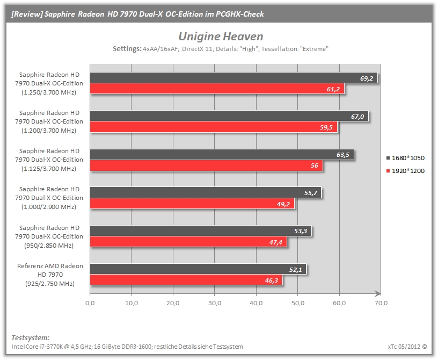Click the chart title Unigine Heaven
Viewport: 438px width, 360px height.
pyautogui.click(x=221, y=37)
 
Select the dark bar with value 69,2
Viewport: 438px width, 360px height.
pyautogui.click(x=233, y=78)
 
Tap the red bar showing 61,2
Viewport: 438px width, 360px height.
pyautogui.click(x=217, y=89)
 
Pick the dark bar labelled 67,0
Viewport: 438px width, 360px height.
pyautogui.click(x=229, y=116)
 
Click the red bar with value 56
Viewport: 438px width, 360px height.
pyautogui.click(x=206, y=165)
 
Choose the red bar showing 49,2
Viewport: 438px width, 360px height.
pyautogui.click(x=192, y=204)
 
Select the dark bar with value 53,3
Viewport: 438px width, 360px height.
pyautogui.click(x=201, y=231)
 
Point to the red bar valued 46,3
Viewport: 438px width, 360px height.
pyautogui.click(x=186, y=280)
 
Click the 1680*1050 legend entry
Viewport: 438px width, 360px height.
pyautogui.click(x=405, y=158)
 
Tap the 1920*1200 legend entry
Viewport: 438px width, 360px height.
pyautogui.click(x=405, y=171)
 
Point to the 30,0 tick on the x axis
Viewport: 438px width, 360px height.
pyautogui.click(x=215, y=303)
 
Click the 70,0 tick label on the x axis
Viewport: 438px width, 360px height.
pyautogui.click(x=381, y=303)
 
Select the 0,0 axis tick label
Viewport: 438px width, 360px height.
pyautogui.click(x=90, y=303)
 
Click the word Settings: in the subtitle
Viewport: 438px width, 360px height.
pyautogui.click(x=127, y=49)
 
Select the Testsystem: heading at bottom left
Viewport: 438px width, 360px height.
pyautogui.click(x=31, y=337)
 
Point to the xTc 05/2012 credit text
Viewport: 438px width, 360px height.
pyautogui.click(x=407, y=347)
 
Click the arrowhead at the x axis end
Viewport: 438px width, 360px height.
pyautogui.click(x=378, y=293)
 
